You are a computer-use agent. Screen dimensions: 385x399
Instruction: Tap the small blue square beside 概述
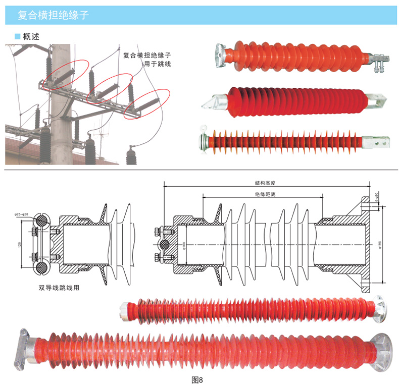17,36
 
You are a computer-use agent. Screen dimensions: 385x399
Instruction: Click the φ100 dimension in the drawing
184,245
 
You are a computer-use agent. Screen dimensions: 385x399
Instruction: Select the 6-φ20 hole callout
376,198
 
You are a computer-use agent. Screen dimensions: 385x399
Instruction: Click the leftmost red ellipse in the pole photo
66,74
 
